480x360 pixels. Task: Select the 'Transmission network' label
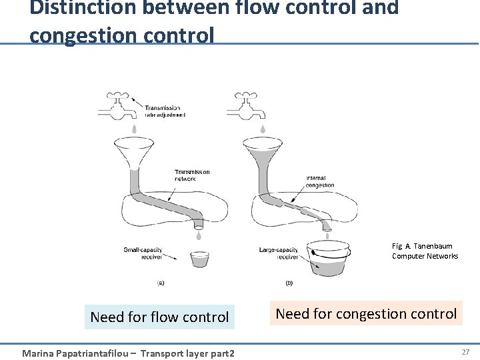click(x=192, y=175)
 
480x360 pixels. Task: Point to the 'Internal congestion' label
click(x=319, y=181)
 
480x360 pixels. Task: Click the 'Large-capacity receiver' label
click(x=279, y=253)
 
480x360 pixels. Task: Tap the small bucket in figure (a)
click(x=199, y=259)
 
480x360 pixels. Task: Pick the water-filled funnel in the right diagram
click(x=261, y=150)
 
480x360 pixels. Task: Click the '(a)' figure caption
click(x=161, y=283)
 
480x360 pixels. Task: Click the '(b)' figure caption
click(x=289, y=283)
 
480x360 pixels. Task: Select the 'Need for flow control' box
click(x=160, y=317)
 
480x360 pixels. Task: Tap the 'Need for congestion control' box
click(x=366, y=313)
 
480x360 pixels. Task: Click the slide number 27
click(x=465, y=351)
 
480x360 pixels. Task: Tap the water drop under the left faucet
click(x=133, y=129)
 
